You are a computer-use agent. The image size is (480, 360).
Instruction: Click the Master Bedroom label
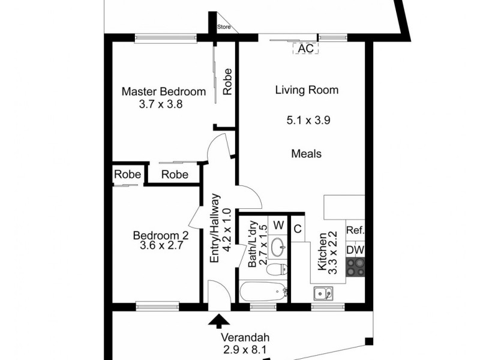(x=163, y=92)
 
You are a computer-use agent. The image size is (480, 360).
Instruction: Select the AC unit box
(x=305, y=49)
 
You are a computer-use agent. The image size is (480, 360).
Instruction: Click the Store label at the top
(x=223, y=27)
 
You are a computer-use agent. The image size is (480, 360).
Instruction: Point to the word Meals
(x=306, y=154)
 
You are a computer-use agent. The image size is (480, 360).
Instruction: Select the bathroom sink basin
(x=278, y=246)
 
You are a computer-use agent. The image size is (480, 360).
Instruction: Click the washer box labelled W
(x=278, y=225)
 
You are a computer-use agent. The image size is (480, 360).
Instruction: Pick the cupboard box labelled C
(x=297, y=227)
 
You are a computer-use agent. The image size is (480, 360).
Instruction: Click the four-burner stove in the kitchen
(x=355, y=266)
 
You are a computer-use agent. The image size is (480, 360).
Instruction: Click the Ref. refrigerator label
(x=355, y=230)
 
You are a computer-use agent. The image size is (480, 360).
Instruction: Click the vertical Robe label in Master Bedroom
(x=227, y=83)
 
